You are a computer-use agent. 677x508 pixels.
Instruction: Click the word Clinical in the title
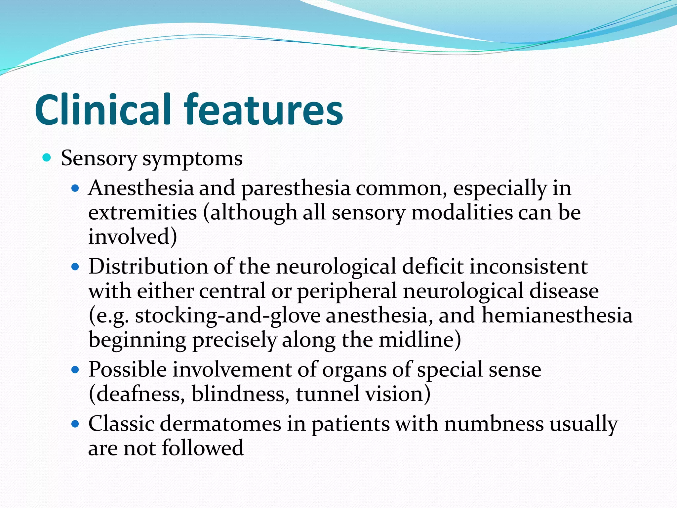102,110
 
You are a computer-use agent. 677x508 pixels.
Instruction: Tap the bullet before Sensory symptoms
47,158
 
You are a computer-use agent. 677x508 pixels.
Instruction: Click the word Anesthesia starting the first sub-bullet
141,188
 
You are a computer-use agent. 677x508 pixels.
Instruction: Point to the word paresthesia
296,189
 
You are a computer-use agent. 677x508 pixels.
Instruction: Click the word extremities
142,212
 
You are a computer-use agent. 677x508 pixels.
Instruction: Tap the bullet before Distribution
75,266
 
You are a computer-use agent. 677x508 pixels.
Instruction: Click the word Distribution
148,267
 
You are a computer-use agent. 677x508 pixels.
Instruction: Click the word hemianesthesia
557,315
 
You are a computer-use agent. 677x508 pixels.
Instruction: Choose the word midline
419,340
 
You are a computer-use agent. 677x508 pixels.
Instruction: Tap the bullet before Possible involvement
75,369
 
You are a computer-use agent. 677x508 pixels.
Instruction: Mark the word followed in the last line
203,448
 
